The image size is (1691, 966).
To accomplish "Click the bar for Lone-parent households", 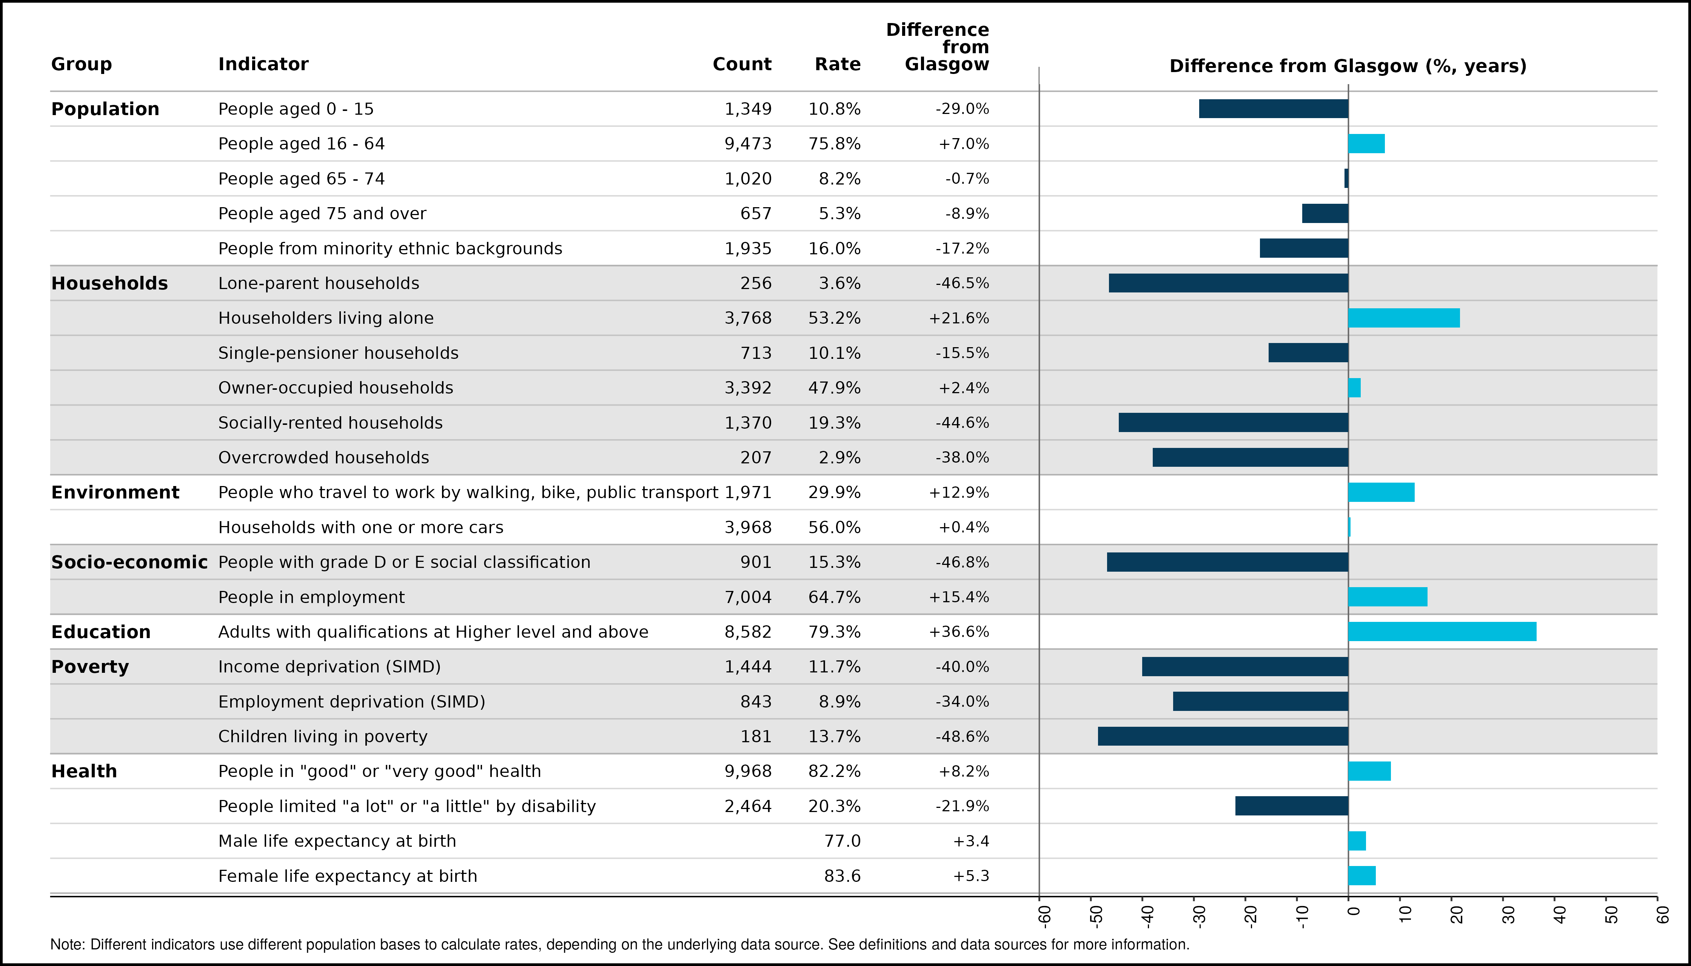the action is pyautogui.click(x=1229, y=283).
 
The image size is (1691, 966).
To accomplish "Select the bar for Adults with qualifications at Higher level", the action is pyautogui.click(x=1442, y=632).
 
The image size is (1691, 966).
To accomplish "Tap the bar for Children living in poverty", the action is pyautogui.click(x=1223, y=737).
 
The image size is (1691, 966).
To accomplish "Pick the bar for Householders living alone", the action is pyautogui.click(x=1404, y=318).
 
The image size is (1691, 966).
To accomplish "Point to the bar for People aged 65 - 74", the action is pyautogui.click(x=1346, y=178).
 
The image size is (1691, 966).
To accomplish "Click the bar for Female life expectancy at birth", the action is pyautogui.click(x=1362, y=876).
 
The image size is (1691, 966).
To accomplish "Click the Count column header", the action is pyautogui.click(x=742, y=65).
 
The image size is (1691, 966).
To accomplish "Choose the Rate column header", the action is pyautogui.click(x=838, y=65).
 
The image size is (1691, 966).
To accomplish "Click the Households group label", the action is pyautogui.click(x=109, y=283).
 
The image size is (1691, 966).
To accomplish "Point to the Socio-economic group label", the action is pyautogui.click(x=129, y=562).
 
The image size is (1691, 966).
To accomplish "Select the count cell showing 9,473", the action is pyautogui.click(x=748, y=144).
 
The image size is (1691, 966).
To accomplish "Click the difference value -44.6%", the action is pyautogui.click(x=962, y=423).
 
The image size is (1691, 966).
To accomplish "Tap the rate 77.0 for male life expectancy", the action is pyautogui.click(x=842, y=841).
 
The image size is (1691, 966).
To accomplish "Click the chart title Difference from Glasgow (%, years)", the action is pyautogui.click(x=1348, y=66).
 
